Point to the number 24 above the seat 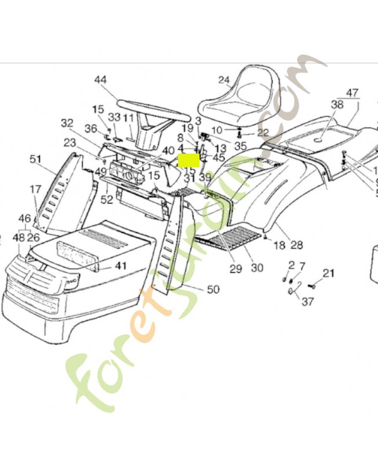point(224,79)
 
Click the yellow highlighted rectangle point(188,159)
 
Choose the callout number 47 point(352,93)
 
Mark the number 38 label point(337,105)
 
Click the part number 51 point(36,159)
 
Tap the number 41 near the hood point(120,266)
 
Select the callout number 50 point(213,289)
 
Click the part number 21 point(329,273)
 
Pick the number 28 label point(296,245)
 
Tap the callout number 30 point(257,267)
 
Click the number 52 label point(107,200)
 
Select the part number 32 point(67,123)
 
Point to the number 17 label point(35,188)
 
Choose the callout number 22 point(263,133)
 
